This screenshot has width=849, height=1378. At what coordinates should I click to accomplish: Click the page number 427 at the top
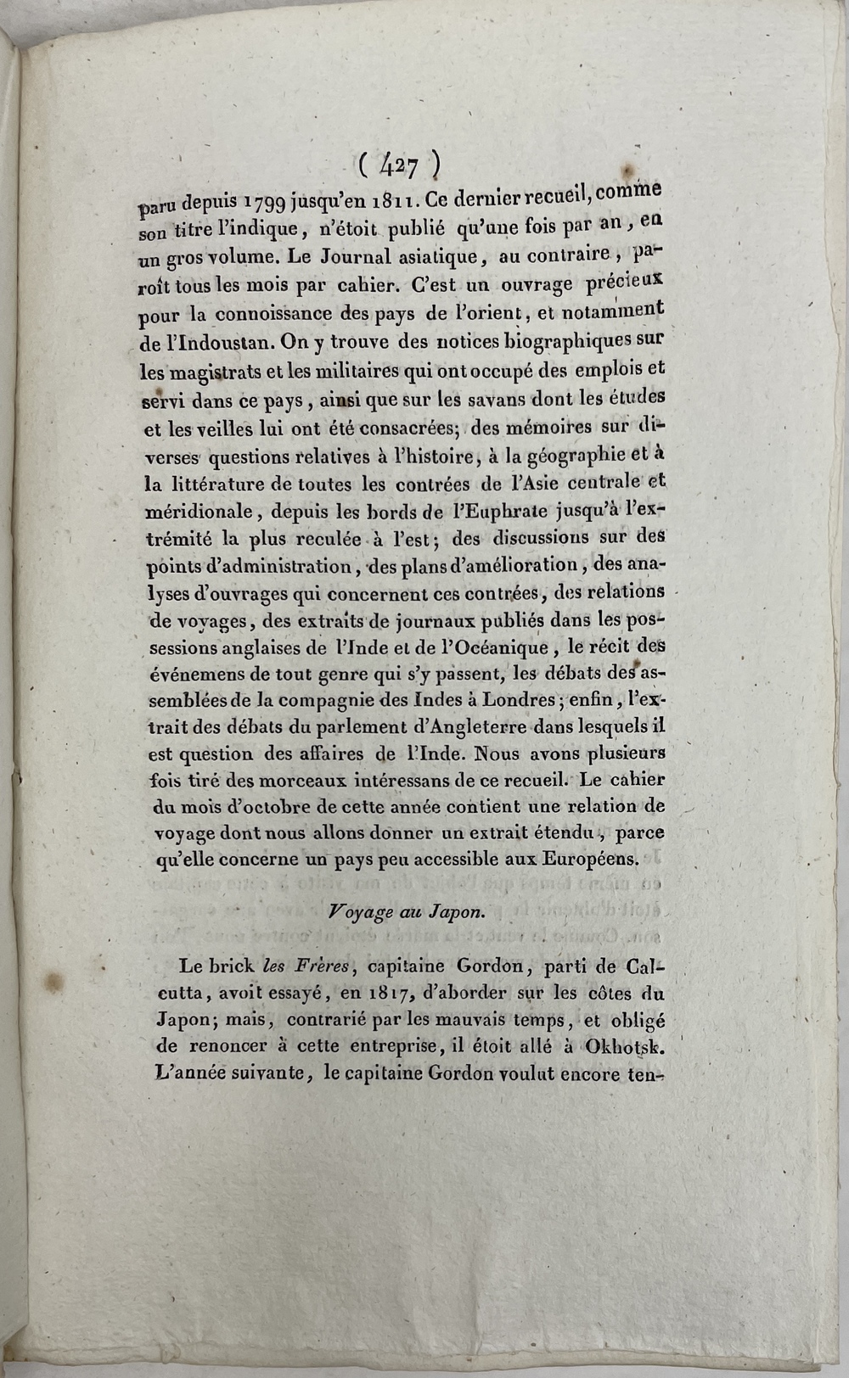coord(398,165)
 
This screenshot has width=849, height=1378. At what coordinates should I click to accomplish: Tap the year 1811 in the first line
coord(392,199)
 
